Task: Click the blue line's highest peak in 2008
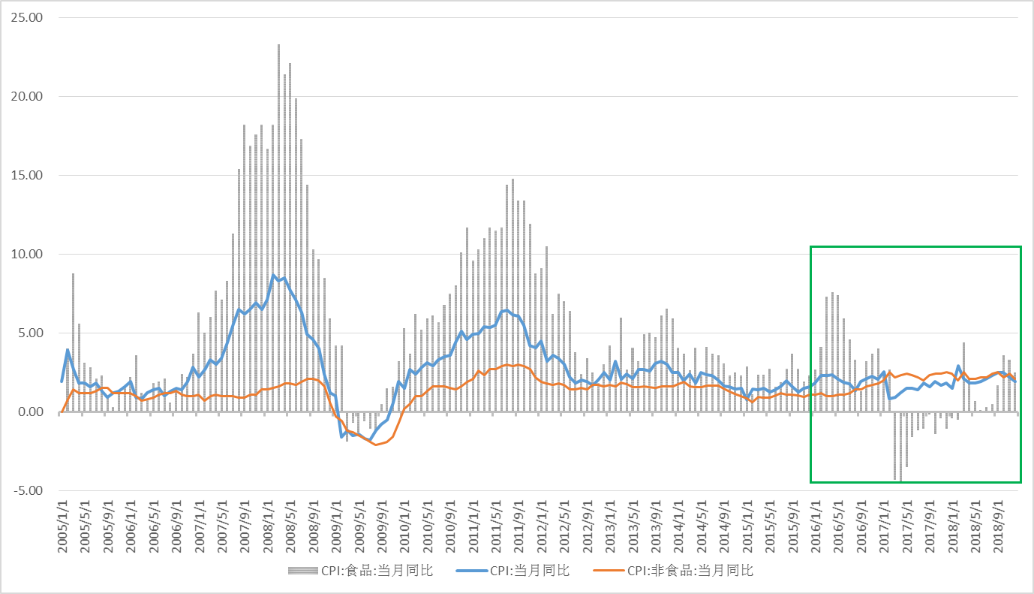click(x=274, y=276)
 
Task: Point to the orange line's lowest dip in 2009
click(x=377, y=445)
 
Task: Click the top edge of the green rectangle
click(x=915, y=246)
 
